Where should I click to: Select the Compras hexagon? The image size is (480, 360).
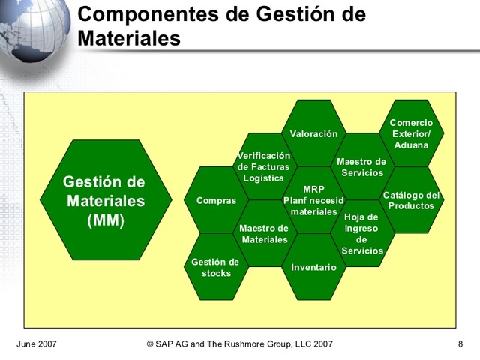pos(216,200)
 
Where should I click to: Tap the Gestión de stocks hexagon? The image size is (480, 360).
pos(216,267)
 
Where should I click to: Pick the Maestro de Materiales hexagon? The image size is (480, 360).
pos(265,233)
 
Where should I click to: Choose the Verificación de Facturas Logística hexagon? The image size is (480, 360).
pos(264,166)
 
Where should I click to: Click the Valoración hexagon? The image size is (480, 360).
pos(314,133)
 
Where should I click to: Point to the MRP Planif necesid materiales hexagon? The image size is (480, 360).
pos(313,200)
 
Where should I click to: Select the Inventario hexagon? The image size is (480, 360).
pos(313,267)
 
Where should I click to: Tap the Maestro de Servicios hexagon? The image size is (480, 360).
pos(361,166)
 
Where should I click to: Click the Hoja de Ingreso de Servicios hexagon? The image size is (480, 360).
pos(362,233)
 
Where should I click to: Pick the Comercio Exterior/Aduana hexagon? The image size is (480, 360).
pos(411,133)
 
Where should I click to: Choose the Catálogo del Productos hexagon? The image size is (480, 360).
pos(411,200)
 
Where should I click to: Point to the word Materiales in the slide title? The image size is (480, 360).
pos(129,37)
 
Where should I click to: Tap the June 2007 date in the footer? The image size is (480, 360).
pos(37,344)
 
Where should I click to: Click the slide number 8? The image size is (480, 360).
pos(459,344)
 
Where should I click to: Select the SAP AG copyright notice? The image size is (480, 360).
pos(240,344)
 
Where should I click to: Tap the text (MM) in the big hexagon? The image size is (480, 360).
pos(106,221)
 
